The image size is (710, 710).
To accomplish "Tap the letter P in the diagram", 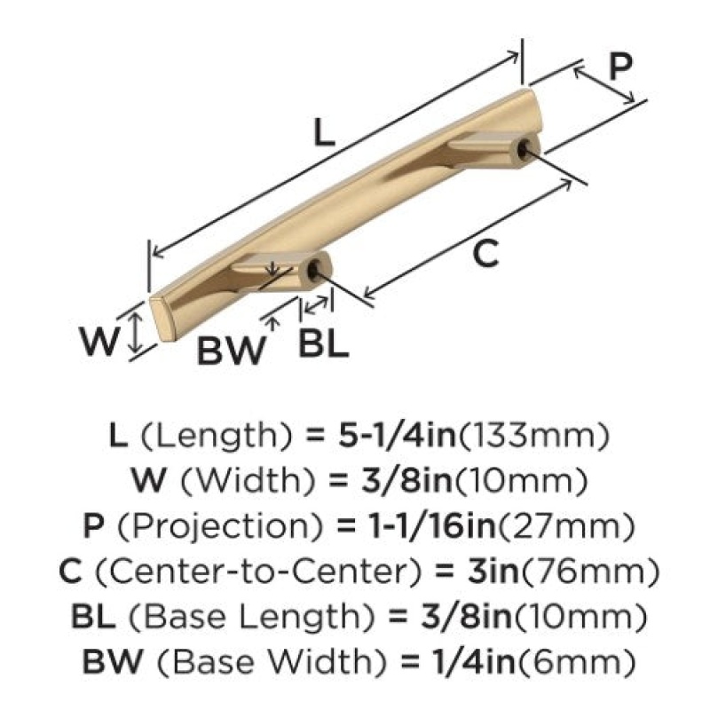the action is pos(619,66).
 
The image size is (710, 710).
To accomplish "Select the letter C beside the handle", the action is pos(485,253).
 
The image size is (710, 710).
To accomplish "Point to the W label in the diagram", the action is pos(99,341).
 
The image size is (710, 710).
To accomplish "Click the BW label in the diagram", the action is pos(231,351).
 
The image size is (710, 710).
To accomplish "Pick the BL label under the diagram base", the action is pos(323,343).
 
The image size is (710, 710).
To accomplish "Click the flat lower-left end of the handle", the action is pos(163,320).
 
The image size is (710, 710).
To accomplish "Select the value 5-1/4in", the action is pos(397,435).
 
